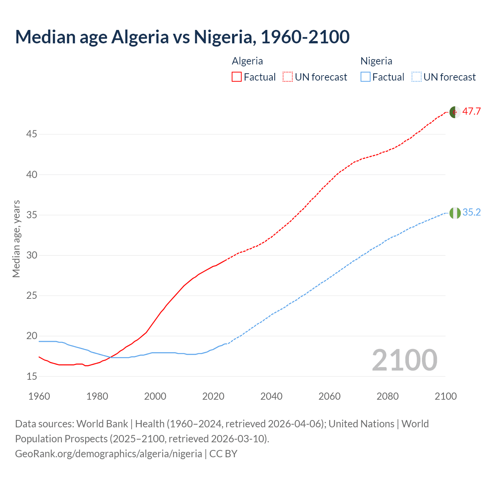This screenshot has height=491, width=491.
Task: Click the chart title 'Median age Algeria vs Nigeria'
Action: point(182,37)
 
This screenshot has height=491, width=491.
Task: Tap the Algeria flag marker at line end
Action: point(455,112)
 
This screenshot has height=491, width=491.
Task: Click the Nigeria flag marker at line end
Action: point(455,213)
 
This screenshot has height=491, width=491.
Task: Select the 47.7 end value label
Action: point(471,112)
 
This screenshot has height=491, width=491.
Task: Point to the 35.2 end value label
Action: point(471,213)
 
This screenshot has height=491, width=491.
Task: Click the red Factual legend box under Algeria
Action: point(237,77)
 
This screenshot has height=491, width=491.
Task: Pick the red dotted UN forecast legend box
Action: point(288,77)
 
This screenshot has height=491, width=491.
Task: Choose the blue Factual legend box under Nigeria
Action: point(366,77)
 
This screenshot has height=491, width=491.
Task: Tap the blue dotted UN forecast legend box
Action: point(416,77)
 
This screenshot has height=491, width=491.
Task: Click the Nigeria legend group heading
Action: point(376,61)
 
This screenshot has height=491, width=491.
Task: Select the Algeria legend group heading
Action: point(247,61)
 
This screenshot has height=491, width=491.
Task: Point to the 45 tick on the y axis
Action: point(32,134)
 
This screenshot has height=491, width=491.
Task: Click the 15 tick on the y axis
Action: point(32,376)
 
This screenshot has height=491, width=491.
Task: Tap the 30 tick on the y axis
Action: point(32,255)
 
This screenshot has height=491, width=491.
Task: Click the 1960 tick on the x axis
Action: point(39,396)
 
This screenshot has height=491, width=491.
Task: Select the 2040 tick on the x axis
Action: point(271,396)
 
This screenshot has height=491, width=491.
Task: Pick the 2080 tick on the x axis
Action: point(387,396)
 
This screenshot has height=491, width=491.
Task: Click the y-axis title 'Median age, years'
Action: point(16,239)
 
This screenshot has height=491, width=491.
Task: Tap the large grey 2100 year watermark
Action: point(404,360)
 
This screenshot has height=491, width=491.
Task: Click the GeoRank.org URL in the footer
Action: point(109,454)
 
